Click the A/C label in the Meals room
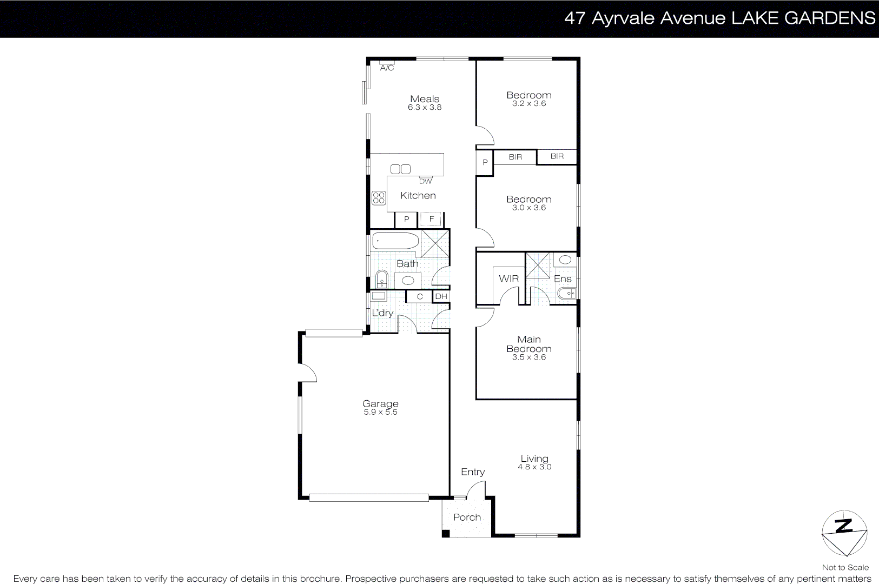[x=387, y=68]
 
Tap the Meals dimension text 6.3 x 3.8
[x=425, y=108]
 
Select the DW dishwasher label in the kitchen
[x=425, y=181]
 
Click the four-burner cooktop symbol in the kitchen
[x=379, y=198]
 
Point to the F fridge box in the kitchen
[x=431, y=219]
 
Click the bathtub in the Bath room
[x=395, y=241]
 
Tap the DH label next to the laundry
[x=441, y=296]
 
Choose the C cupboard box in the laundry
[x=419, y=296]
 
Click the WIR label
[x=508, y=279]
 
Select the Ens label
[x=563, y=279]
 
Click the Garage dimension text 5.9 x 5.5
[x=380, y=412]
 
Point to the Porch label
[x=467, y=517]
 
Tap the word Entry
[x=473, y=472]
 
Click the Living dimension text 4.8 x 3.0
[x=534, y=467]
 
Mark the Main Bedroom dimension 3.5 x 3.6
[x=529, y=357]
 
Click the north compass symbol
[x=844, y=533]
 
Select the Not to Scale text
[x=845, y=567]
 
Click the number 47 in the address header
[x=574, y=18]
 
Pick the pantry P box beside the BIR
[x=485, y=162]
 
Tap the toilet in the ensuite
[x=566, y=293]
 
